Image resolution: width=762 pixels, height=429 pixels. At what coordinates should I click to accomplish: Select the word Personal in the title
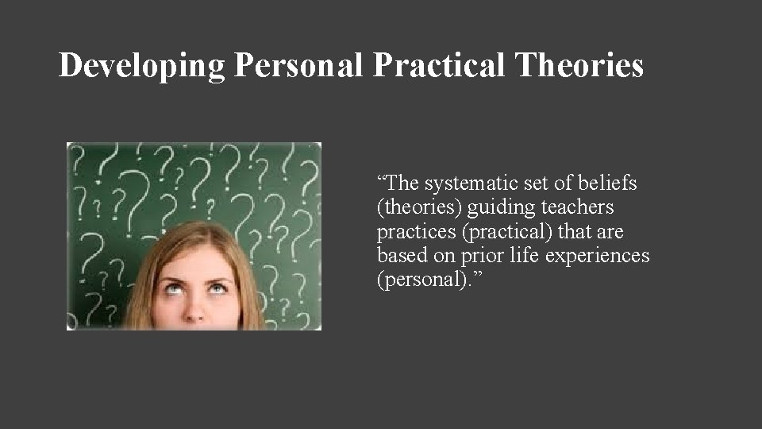tap(299, 66)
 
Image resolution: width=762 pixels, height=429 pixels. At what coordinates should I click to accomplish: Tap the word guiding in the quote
tap(498, 208)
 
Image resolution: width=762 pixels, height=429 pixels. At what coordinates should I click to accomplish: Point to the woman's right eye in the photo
tap(170, 287)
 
